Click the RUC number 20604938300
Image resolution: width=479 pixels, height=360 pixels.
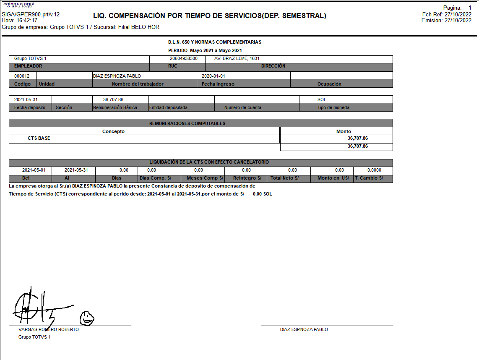click(x=184, y=59)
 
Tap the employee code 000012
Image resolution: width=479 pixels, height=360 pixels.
click(x=22, y=76)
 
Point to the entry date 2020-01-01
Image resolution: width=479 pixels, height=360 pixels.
click(x=213, y=76)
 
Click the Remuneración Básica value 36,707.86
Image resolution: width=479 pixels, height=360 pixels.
click(x=113, y=99)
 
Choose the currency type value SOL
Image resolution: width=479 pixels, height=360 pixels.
click(x=322, y=99)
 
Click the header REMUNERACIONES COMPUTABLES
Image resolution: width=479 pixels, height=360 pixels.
click(x=187, y=123)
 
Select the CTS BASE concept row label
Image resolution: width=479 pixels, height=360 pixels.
click(x=39, y=138)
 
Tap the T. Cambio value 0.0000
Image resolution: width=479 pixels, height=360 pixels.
click(x=374, y=170)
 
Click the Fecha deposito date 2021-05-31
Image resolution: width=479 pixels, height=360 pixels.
click(x=26, y=99)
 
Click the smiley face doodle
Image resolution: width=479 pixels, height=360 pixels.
click(x=87, y=318)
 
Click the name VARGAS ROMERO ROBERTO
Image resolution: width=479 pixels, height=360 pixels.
click(x=49, y=330)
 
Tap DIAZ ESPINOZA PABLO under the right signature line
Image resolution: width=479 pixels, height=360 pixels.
click(x=304, y=330)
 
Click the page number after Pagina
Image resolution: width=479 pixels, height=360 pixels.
click(x=470, y=8)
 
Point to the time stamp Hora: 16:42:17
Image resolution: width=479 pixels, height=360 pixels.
click(x=20, y=20)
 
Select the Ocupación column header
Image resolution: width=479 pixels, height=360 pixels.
click(x=329, y=84)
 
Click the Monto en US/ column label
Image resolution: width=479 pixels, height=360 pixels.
click(x=333, y=178)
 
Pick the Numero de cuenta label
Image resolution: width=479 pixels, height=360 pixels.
click(x=242, y=107)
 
